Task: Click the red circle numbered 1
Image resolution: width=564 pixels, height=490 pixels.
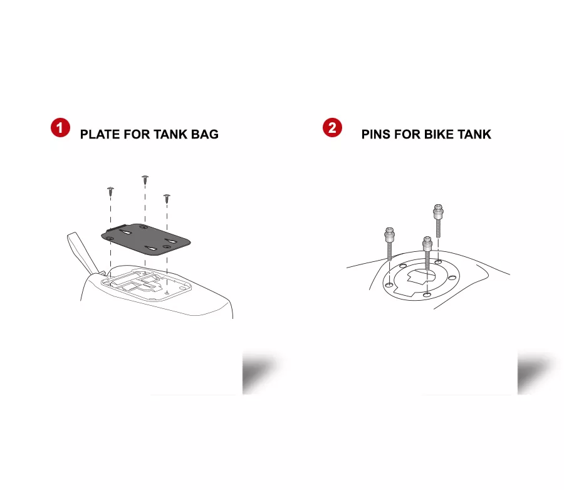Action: click(x=60, y=127)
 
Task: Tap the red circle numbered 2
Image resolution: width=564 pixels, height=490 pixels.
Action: click(x=332, y=127)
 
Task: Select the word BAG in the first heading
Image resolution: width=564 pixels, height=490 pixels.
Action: click(x=205, y=134)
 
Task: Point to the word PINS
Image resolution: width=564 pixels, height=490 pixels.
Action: click(x=376, y=134)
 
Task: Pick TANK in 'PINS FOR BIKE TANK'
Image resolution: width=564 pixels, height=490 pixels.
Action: click(x=474, y=134)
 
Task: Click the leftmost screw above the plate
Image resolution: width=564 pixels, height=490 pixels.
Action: click(x=110, y=191)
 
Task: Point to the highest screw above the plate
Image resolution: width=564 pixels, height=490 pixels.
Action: click(x=145, y=180)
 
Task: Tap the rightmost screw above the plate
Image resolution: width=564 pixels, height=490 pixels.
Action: click(x=167, y=198)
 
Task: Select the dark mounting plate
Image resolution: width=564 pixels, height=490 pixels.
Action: click(x=145, y=239)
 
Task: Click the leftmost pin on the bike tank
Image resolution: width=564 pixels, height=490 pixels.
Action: click(x=390, y=244)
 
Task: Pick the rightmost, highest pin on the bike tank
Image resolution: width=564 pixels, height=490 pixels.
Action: click(x=438, y=221)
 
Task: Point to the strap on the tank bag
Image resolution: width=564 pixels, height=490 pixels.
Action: click(x=83, y=253)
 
